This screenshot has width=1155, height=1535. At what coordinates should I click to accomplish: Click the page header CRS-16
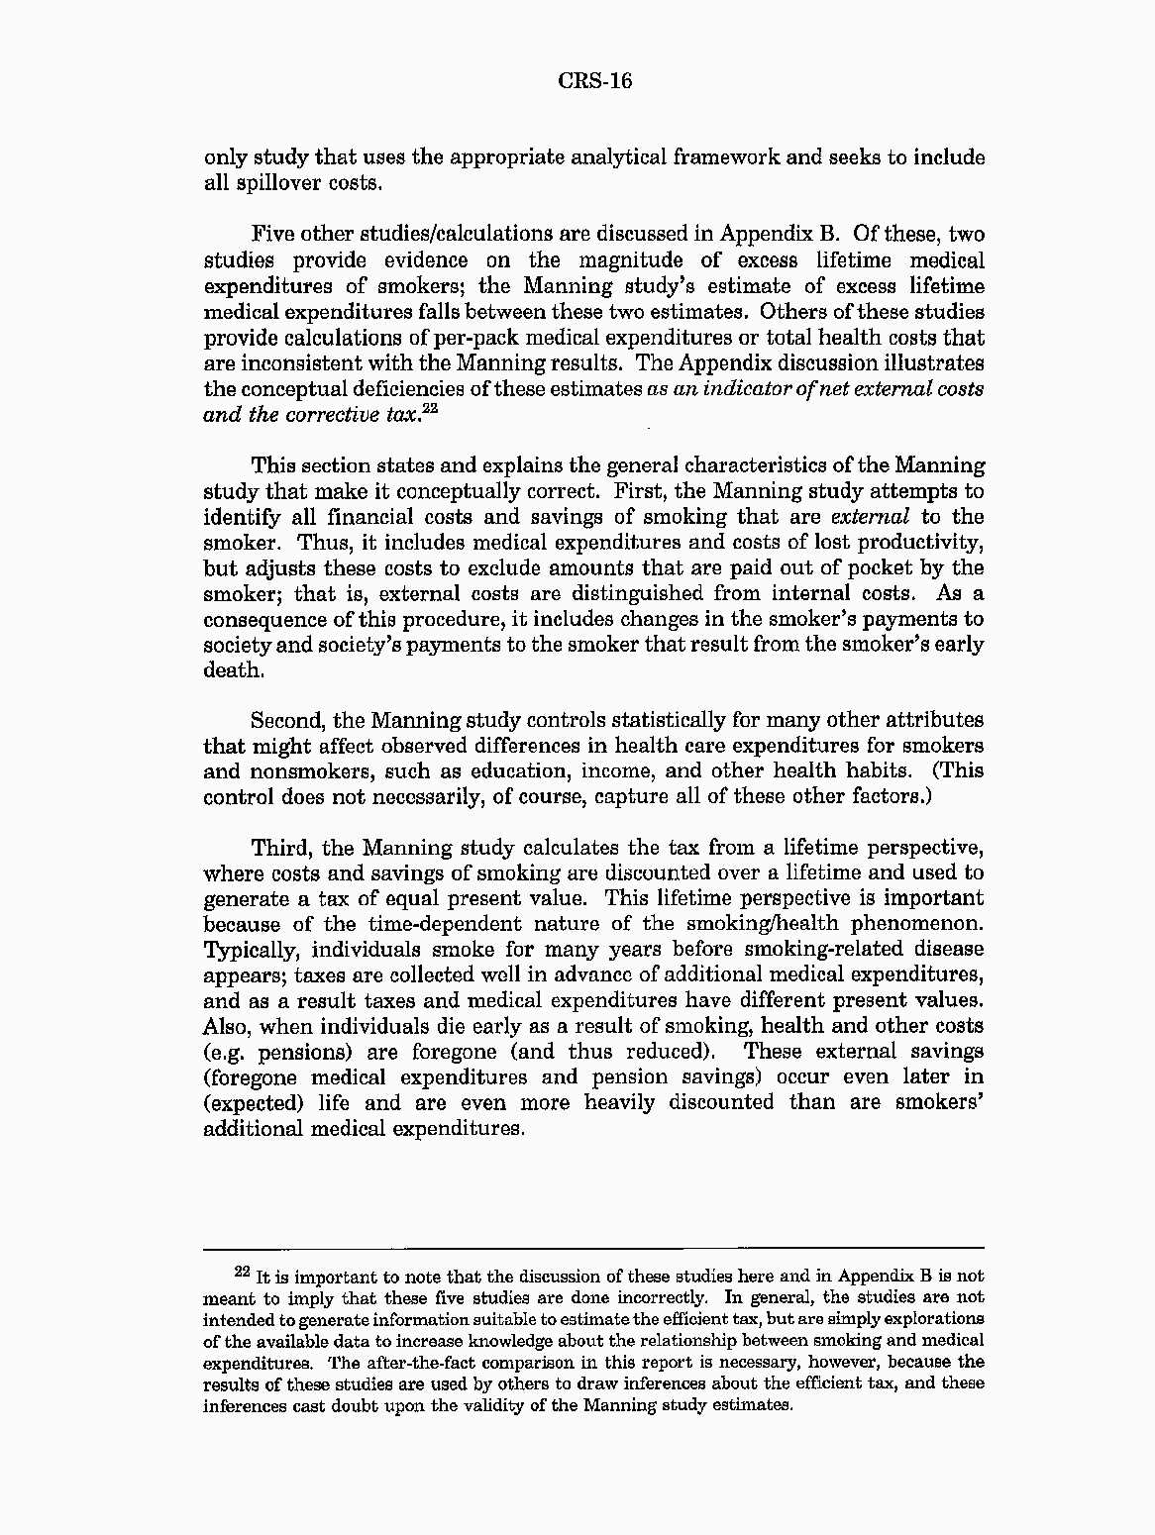[x=594, y=80]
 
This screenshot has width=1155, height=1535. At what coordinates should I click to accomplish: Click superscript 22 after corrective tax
[x=429, y=408]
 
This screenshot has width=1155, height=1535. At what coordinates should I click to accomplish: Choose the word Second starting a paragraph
[x=286, y=721]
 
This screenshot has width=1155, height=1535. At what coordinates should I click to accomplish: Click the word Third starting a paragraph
[x=280, y=849]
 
